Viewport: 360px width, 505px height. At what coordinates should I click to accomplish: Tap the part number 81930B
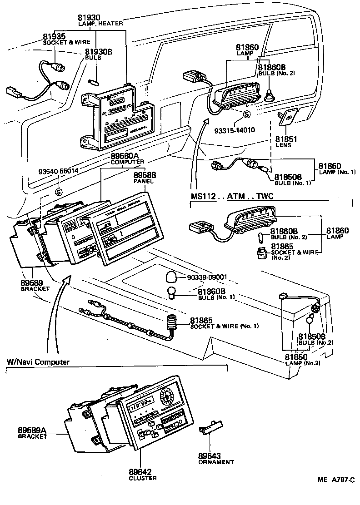coord(98,52)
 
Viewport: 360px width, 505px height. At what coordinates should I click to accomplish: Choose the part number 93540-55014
coord(58,172)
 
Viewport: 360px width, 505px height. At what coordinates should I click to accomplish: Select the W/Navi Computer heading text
coord(38,361)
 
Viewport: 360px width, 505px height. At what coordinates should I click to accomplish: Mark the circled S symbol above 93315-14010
coord(246,114)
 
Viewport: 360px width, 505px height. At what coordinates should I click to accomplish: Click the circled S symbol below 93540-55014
coord(58,192)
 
